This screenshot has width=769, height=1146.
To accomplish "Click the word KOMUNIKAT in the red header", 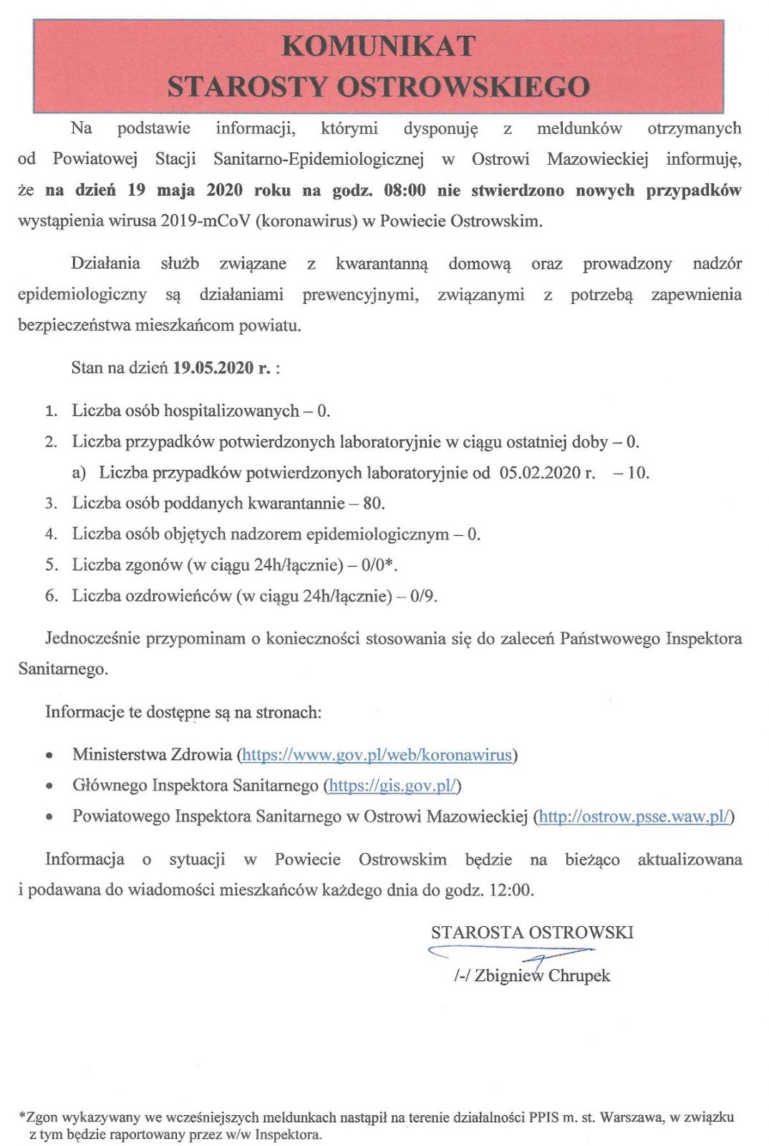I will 379,46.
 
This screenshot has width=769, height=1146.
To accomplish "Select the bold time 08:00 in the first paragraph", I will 405,191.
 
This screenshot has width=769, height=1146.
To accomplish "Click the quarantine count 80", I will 372,504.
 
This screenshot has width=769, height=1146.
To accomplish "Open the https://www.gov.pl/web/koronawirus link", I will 377,755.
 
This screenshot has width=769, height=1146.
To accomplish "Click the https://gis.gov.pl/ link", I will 392,786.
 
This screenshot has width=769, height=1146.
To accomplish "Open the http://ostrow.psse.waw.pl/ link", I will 634,817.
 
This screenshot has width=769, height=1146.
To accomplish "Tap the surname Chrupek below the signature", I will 579,976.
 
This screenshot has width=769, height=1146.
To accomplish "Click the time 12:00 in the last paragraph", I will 511,890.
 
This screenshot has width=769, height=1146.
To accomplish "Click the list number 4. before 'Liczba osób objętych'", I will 51,534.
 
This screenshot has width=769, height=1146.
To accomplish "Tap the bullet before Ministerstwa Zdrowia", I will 49,756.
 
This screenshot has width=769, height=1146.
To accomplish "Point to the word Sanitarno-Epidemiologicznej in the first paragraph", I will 319,159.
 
